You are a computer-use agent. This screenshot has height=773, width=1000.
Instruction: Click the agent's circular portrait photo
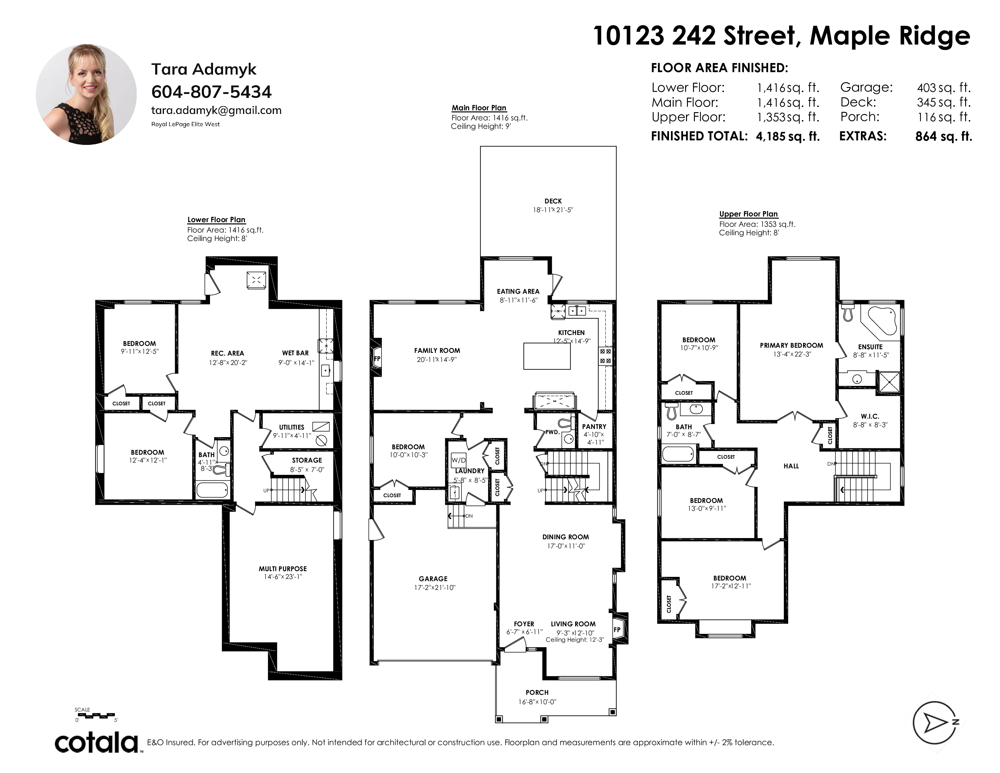(x=86, y=94)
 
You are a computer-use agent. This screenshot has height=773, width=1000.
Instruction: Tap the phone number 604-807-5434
(x=212, y=92)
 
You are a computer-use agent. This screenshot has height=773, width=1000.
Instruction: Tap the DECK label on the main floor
(x=553, y=201)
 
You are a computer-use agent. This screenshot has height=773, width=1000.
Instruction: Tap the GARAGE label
(x=433, y=579)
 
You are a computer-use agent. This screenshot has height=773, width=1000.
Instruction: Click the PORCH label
(x=537, y=692)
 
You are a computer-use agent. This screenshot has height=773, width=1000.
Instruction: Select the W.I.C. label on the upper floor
(x=870, y=416)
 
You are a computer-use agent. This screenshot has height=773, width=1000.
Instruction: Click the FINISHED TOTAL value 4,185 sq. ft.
(x=788, y=136)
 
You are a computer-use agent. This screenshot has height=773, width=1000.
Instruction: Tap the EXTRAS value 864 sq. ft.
(x=944, y=136)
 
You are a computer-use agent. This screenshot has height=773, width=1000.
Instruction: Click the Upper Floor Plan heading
(x=748, y=214)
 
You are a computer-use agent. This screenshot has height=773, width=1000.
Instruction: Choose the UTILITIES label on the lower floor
(x=292, y=427)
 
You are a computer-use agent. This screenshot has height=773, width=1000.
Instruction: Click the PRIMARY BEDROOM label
(x=792, y=345)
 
